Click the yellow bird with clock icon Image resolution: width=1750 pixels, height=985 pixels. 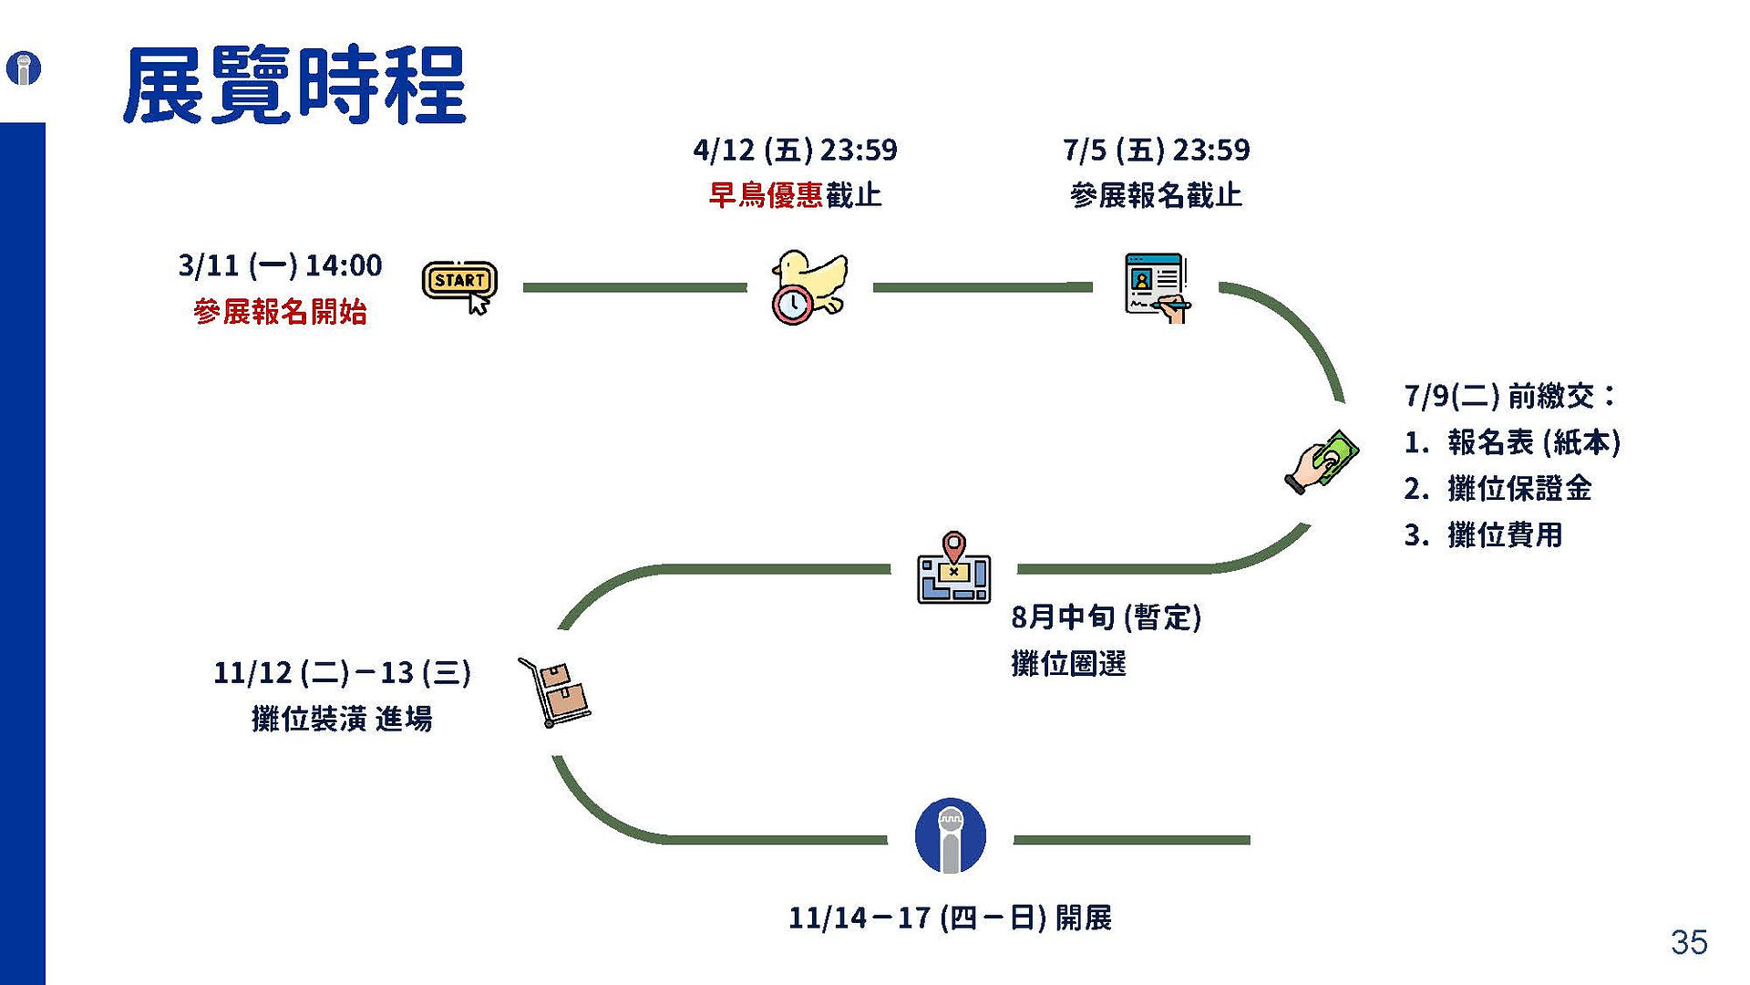click(x=809, y=287)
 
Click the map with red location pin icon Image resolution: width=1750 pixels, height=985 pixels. click(x=953, y=567)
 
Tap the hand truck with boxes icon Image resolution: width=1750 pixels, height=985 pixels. click(x=554, y=692)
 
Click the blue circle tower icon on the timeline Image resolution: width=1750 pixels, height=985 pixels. click(x=950, y=835)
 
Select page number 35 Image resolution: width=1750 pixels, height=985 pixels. click(x=1689, y=942)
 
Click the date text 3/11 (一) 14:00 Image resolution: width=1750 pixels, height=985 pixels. click(x=280, y=265)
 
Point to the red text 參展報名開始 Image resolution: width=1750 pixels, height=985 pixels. click(x=280, y=312)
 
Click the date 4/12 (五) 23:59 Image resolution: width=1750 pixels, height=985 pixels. click(x=795, y=150)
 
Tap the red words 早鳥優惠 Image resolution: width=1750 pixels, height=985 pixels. click(x=766, y=195)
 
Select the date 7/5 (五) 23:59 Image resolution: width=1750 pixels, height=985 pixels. click(x=1157, y=150)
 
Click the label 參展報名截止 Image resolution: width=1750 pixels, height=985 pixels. click(x=1157, y=195)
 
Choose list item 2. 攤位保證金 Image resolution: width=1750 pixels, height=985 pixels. click(x=1498, y=489)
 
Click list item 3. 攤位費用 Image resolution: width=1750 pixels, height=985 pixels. click(x=1483, y=534)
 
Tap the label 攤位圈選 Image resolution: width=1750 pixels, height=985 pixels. click(x=1068, y=663)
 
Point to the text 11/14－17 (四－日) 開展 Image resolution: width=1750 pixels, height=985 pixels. click(x=950, y=918)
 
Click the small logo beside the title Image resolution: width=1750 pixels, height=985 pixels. click(x=24, y=68)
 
